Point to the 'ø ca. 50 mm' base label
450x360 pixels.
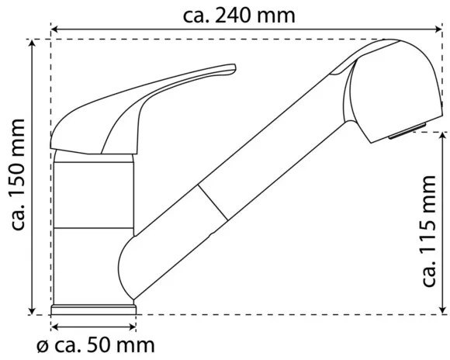click(x=95, y=344)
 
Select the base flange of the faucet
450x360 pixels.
click(x=94, y=310)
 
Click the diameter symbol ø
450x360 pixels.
click(x=42, y=344)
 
